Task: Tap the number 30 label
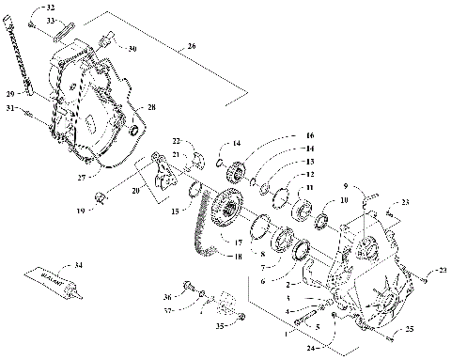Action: (132, 48)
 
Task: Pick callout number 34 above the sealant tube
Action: (79, 266)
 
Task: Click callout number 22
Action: (176, 141)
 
